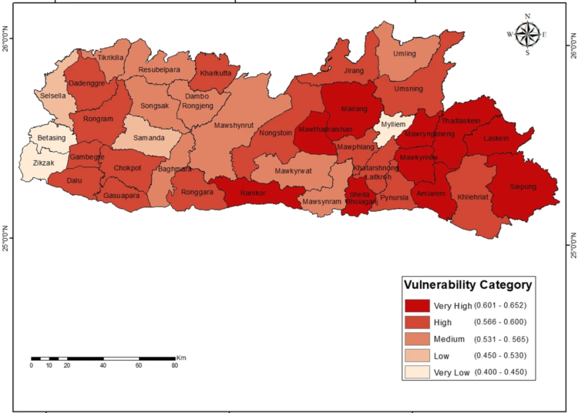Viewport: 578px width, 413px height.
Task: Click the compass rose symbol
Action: [x=527, y=34]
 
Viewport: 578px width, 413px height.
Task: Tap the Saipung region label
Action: [x=525, y=186]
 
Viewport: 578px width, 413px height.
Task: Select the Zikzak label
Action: [x=44, y=163]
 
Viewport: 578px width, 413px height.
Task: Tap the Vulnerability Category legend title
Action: [x=468, y=284]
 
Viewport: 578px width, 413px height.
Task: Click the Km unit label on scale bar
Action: [x=181, y=358]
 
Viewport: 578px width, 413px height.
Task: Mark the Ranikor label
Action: [x=254, y=193]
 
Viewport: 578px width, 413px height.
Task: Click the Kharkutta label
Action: [x=215, y=74]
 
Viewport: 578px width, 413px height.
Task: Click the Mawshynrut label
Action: [x=234, y=125]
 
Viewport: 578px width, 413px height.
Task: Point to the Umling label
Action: [x=405, y=54]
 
